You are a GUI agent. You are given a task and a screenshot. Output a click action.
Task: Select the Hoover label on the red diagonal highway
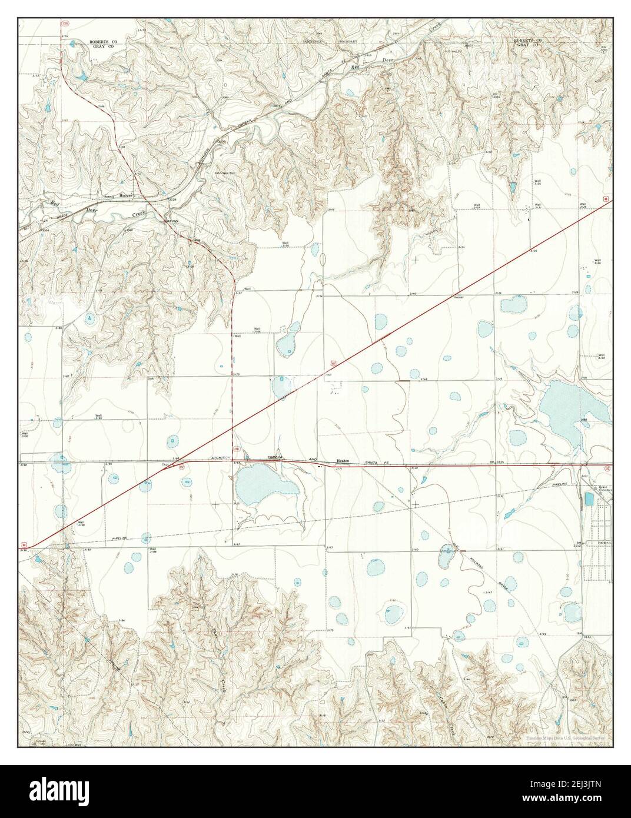(x=459, y=297)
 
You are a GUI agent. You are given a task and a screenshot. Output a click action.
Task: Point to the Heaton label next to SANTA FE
(x=343, y=461)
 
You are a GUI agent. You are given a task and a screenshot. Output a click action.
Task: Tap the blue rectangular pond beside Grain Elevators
(x=589, y=500)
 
